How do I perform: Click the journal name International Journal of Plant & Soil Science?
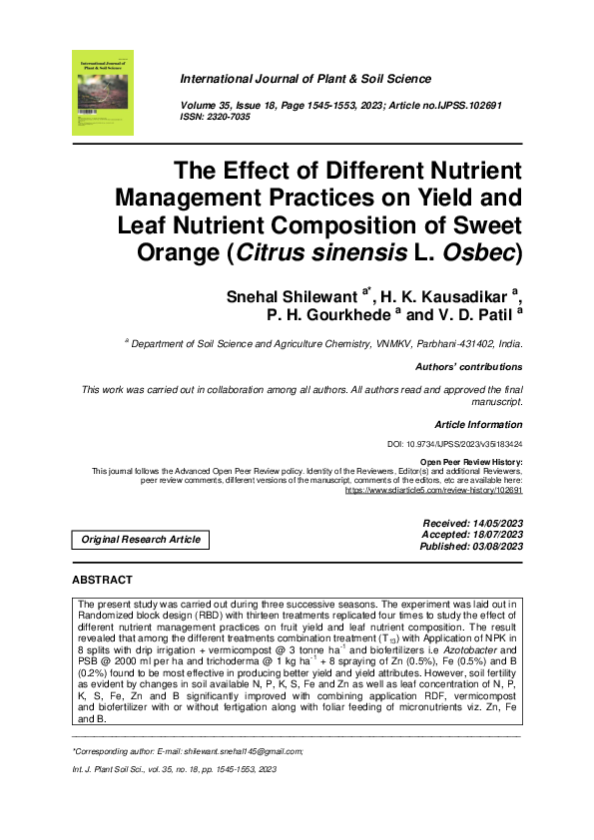pyautogui.click(x=304, y=79)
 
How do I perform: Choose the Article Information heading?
pyautogui.click(x=478, y=425)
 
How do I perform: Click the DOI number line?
pyautogui.click(x=454, y=445)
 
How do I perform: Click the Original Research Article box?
pyautogui.click(x=141, y=540)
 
